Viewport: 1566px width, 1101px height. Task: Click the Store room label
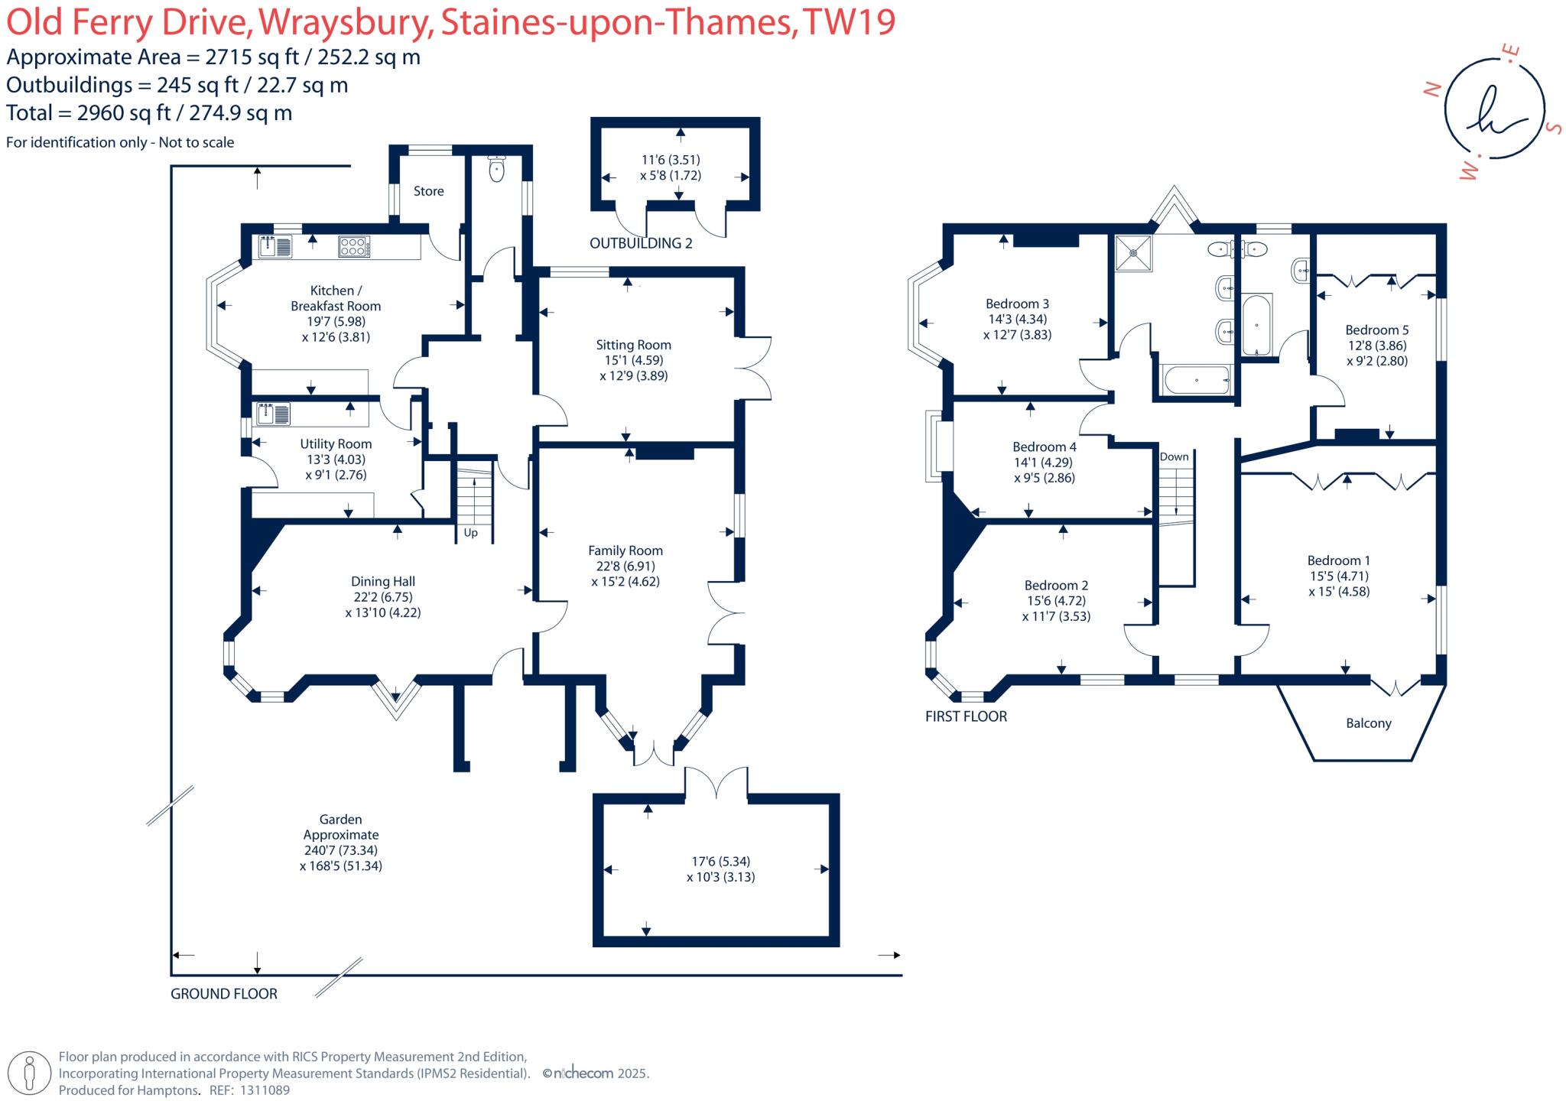pyautogui.click(x=428, y=191)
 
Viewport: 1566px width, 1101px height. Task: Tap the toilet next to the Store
pyautogui.click(x=497, y=169)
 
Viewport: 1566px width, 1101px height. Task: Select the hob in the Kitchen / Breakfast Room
pyautogui.click(x=355, y=246)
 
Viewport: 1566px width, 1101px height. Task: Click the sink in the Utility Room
pyautogui.click(x=274, y=414)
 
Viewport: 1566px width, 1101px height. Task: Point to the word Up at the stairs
pyautogui.click(x=470, y=533)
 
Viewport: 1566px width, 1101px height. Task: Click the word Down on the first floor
pyautogui.click(x=1174, y=457)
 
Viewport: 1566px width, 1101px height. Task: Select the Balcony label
pyautogui.click(x=1368, y=723)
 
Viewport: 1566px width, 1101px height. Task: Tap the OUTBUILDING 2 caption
pyautogui.click(x=641, y=243)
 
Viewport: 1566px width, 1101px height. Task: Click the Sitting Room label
pyautogui.click(x=633, y=345)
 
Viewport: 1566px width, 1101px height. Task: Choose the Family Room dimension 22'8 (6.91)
pyautogui.click(x=625, y=566)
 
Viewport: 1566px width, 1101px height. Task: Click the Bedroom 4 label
pyautogui.click(x=1044, y=447)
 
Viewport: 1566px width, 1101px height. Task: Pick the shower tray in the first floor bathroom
pyautogui.click(x=1132, y=252)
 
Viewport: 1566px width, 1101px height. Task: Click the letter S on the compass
pyautogui.click(x=1553, y=127)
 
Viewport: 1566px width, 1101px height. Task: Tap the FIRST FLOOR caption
pyautogui.click(x=966, y=716)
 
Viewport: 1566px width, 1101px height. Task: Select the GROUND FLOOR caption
pyautogui.click(x=223, y=994)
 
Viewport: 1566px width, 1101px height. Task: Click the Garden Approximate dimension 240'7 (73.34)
pyautogui.click(x=340, y=850)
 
